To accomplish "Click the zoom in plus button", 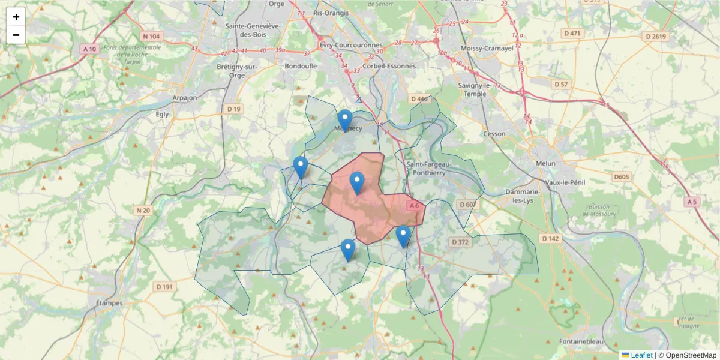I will [x=16, y=17].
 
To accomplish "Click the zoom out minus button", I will [x=16, y=35].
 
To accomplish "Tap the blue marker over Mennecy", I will [x=344, y=120].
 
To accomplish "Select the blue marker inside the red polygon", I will [x=357, y=182].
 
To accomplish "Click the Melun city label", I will [x=546, y=163].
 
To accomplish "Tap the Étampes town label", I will [x=109, y=303].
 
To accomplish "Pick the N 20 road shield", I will [x=143, y=210].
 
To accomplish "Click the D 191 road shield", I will [x=164, y=287].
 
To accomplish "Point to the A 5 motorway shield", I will [x=692, y=202].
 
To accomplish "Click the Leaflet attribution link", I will [x=641, y=355].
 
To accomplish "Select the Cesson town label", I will [x=494, y=134].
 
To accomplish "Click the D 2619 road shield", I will [x=656, y=37].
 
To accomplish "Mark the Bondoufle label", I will [x=299, y=67].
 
